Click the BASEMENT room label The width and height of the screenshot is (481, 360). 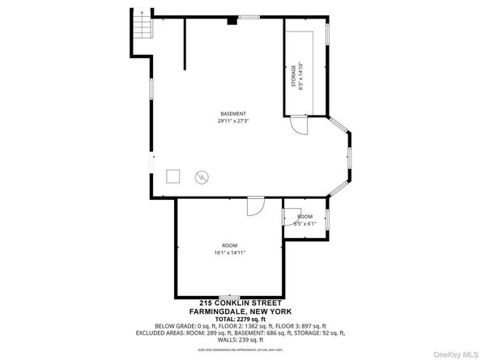[x=232, y=113]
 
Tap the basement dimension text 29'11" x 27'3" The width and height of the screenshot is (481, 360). [x=232, y=121]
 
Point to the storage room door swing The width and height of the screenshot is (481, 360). [x=300, y=125]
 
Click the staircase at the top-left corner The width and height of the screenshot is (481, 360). [x=141, y=28]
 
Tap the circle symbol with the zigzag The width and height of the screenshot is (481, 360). [x=199, y=176]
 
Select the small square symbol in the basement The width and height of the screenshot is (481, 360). [x=172, y=176]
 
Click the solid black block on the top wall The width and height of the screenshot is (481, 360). [x=232, y=21]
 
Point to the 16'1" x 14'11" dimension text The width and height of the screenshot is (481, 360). [x=229, y=252]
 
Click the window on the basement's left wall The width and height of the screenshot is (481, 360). [x=151, y=89]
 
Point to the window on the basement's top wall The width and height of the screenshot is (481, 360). [x=249, y=17]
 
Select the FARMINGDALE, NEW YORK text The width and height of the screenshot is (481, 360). [x=241, y=311]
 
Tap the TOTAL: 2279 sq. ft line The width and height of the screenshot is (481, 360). [x=241, y=319]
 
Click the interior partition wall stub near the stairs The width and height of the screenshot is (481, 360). [x=185, y=45]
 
